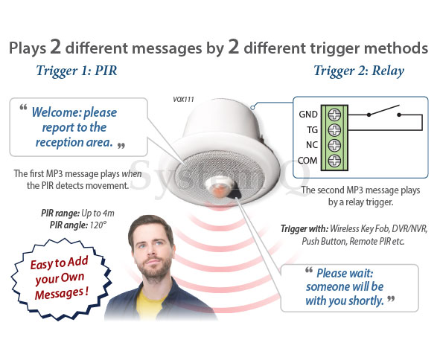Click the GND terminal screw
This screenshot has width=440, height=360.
[334, 115]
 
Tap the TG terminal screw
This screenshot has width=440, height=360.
[334, 130]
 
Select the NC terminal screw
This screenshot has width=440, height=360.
[334, 145]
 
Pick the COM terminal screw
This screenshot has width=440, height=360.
[334, 161]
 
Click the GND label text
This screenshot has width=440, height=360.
[308, 115]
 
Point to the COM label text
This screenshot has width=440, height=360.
[307, 161]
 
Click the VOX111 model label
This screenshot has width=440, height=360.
[183, 100]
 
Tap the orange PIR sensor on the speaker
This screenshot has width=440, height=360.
[220, 190]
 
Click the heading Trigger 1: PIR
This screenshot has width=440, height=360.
[77, 71]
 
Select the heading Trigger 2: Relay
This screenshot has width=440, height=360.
[359, 71]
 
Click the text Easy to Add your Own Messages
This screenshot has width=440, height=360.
[60, 278]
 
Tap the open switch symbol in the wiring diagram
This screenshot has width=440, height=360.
[384, 112]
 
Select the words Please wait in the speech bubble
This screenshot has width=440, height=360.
[345, 273]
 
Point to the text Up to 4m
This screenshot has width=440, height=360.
[98, 213]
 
